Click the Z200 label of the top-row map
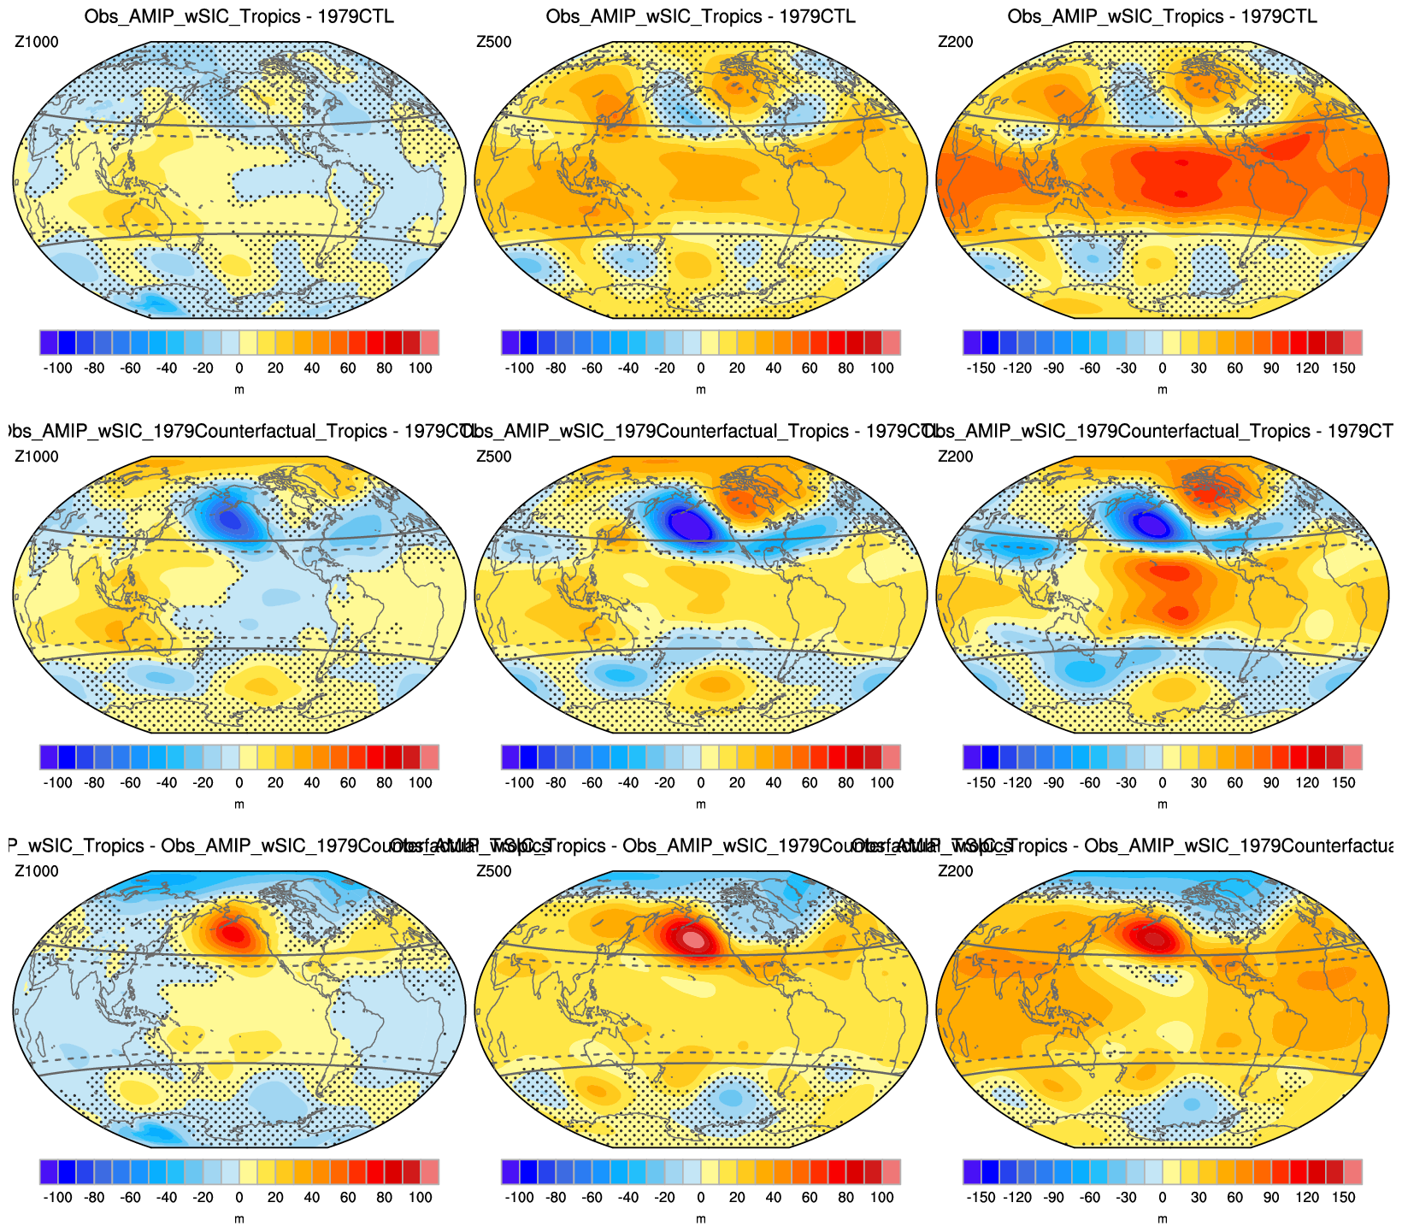(x=955, y=42)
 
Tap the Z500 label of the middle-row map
(x=493, y=457)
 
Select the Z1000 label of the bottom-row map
(x=37, y=871)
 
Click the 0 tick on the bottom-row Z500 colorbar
(x=700, y=1197)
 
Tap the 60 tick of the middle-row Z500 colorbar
(x=810, y=782)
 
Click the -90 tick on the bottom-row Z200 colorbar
(x=1054, y=1197)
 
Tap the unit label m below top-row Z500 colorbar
(x=700, y=390)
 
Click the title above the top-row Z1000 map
(x=239, y=16)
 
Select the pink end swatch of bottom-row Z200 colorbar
(x=1352, y=1171)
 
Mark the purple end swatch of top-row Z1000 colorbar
(x=49, y=342)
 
